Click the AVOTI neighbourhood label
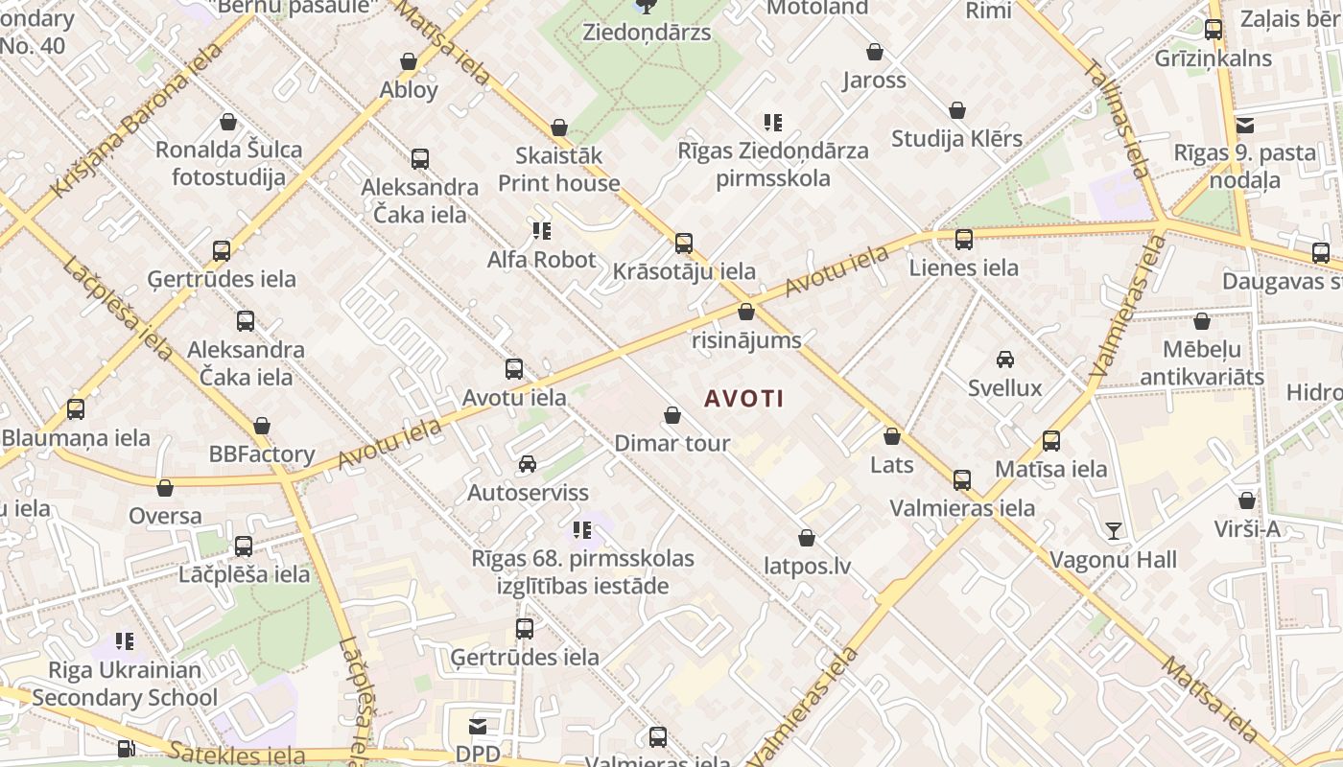point(744,399)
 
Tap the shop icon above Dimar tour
point(672,416)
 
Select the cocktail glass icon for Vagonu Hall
point(1113,530)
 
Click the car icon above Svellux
point(1004,360)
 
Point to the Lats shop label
point(891,465)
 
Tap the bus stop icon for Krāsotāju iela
point(684,244)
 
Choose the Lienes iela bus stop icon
point(964,240)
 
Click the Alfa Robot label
point(541,260)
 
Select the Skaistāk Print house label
point(559,170)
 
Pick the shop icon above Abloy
point(409,62)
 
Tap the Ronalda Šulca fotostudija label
point(228,163)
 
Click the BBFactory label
point(262,454)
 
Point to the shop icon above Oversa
point(165,488)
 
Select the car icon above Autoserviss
point(527,465)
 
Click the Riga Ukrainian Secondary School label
point(125,684)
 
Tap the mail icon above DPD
point(478,726)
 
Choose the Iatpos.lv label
point(807,566)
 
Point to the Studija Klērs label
point(956,139)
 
